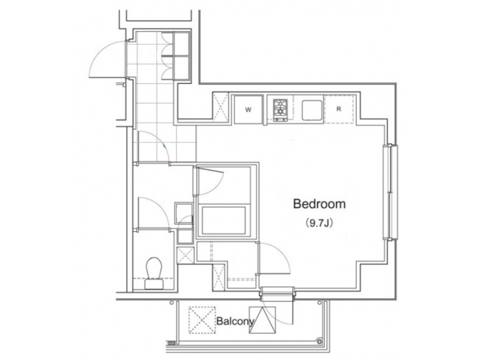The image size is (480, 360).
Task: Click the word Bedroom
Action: [319, 205]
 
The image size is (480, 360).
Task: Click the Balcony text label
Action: [235, 322]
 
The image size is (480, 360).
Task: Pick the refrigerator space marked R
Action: [339, 108]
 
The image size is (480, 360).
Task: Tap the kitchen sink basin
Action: [309, 109]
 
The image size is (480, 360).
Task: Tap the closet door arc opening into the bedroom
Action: [275, 256]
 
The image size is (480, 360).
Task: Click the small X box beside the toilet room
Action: [185, 255]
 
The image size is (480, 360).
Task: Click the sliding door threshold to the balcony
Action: [276, 291]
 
